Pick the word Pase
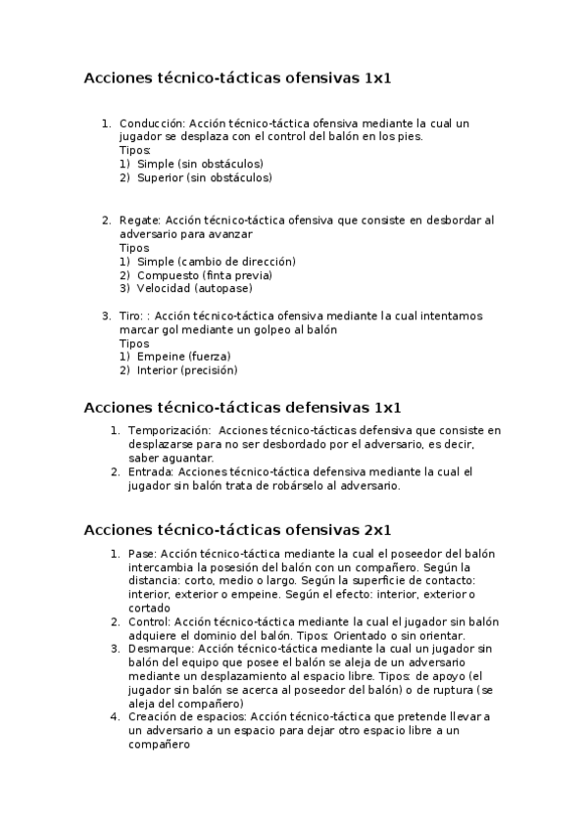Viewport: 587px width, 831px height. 141,554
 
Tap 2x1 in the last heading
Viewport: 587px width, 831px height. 377,530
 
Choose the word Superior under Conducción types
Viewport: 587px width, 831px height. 160,178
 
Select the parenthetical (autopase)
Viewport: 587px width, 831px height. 223,289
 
